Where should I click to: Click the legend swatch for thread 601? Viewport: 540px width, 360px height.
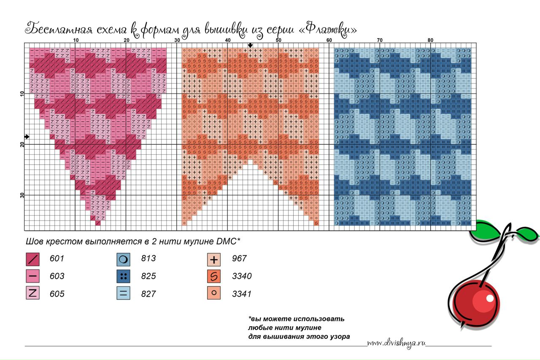click(32, 259)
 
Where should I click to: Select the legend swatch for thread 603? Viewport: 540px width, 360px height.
click(32, 276)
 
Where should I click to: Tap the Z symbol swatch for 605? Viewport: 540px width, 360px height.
click(32, 293)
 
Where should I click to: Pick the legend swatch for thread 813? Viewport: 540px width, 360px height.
click(124, 259)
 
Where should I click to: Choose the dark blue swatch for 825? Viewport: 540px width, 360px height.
click(124, 276)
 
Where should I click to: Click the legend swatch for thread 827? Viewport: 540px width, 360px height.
click(124, 293)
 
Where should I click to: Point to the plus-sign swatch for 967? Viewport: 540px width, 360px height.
click(214, 259)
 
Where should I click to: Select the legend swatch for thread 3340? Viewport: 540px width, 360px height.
click(214, 276)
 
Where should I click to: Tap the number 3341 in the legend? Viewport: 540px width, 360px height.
click(242, 294)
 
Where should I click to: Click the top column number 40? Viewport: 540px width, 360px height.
click(228, 40)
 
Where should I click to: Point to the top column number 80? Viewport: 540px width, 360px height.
click(430, 40)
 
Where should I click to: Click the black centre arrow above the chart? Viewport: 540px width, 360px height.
click(250, 45)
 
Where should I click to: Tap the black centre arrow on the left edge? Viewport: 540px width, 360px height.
click(27, 137)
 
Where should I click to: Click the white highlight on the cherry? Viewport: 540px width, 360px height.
click(489, 298)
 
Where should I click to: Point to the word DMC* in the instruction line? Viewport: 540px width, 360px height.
click(228, 242)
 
